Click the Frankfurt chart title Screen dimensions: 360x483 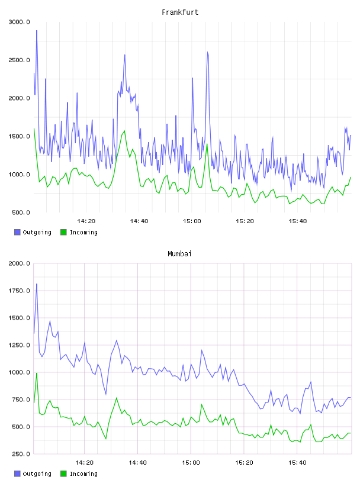point(180,12)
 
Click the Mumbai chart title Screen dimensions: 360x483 point(179,254)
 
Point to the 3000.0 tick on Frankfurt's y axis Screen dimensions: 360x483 point(20,22)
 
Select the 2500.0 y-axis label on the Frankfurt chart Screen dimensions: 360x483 point(20,60)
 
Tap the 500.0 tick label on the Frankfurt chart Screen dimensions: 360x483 point(21,212)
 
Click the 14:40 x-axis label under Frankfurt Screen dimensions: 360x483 point(139,221)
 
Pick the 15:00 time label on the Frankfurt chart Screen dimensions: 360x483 point(192,221)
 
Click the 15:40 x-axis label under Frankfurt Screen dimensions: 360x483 point(298,221)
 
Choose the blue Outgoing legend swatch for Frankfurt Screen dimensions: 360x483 point(17,232)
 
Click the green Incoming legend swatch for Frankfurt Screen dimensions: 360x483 point(63,232)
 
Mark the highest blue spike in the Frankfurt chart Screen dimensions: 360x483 point(37,31)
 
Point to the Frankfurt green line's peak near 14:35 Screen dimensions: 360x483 point(124,131)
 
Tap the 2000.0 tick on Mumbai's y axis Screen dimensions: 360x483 point(20,263)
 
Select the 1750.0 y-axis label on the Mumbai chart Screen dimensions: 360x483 point(20,291)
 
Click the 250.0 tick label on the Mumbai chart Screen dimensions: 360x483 point(21,454)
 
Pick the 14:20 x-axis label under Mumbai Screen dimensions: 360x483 point(85,463)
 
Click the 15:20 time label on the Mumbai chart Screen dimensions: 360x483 point(244,463)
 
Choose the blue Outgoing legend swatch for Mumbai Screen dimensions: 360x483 point(17,474)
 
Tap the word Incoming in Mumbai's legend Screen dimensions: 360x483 point(83,474)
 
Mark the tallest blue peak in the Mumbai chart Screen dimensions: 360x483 point(37,284)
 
